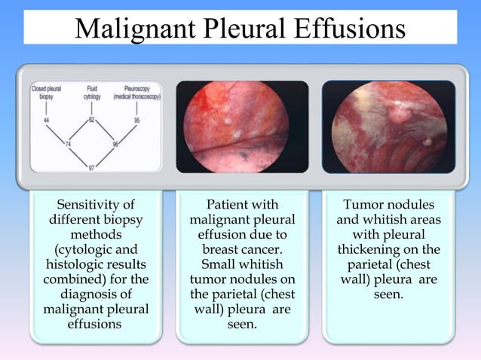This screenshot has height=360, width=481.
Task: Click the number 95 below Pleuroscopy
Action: pyautogui.click(x=138, y=121)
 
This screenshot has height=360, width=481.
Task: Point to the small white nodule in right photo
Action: pyautogui.click(x=427, y=141)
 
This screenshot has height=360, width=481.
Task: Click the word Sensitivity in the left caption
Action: pyautogui.click(x=90, y=204)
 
